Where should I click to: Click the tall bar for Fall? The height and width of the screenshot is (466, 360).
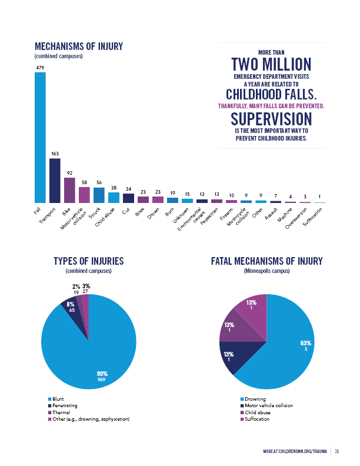[x=40, y=138]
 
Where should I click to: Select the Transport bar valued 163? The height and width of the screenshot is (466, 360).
[x=55, y=181]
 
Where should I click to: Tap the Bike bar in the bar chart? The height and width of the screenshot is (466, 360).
[x=69, y=190]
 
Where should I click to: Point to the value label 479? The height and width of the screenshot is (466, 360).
[x=40, y=68]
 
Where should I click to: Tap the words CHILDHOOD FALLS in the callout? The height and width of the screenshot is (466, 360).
[x=271, y=95]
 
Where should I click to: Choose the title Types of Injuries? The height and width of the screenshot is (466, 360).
[x=88, y=261]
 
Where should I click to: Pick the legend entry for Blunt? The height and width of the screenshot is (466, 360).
[x=58, y=400]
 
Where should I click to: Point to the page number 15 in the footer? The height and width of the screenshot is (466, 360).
[x=338, y=451]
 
